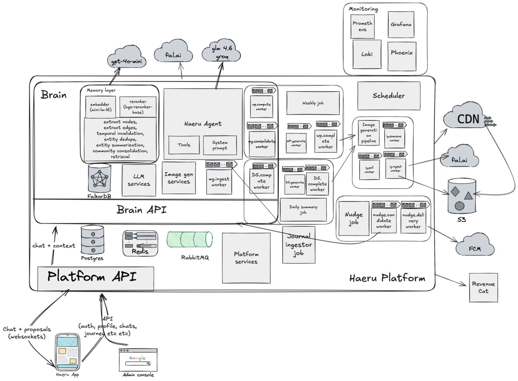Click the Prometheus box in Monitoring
pyautogui.click(x=363, y=26)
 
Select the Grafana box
pyautogui.click(x=401, y=25)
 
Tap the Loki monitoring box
pyautogui.click(x=367, y=54)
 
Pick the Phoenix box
pyautogui.click(x=401, y=54)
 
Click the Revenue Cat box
pyautogui.click(x=483, y=287)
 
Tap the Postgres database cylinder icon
pyautogui.click(x=93, y=239)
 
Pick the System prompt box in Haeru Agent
pyautogui.click(x=220, y=145)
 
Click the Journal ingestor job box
pyautogui.click(x=299, y=245)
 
